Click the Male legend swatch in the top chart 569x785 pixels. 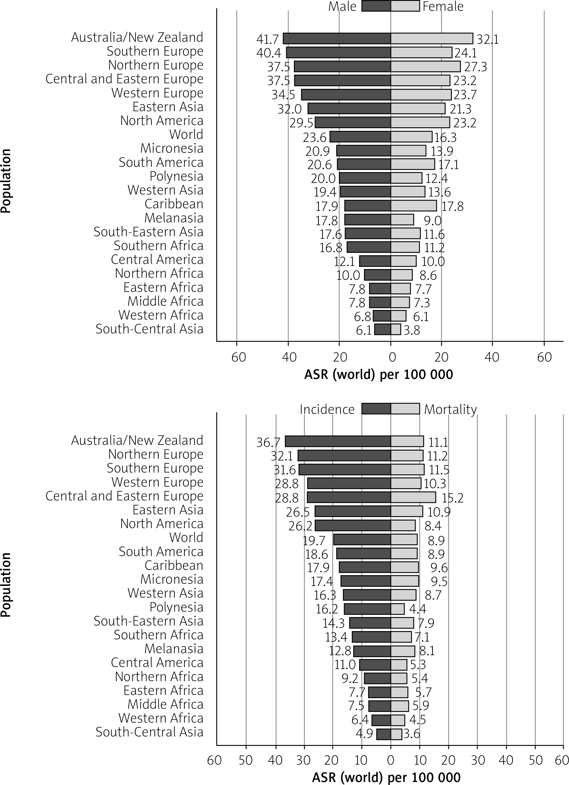pyautogui.click(x=376, y=6)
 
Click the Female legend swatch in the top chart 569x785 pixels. pyautogui.click(x=405, y=6)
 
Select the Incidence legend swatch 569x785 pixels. pyautogui.click(x=376, y=409)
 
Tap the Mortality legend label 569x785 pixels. pyautogui.click(x=450, y=409)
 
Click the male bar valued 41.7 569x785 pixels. pyautogui.click(x=337, y=38)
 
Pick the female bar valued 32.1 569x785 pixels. pyautogui.click(x=432, y=38)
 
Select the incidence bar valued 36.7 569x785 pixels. pyautogui.click(x=338, y=441)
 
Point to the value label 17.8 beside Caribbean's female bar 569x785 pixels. pyautogui.click(x=452, y=207)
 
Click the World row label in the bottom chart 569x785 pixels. pyautogui.click(x=186, y=537)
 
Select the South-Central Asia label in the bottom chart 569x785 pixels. pyautogui.click(x=149, y=732)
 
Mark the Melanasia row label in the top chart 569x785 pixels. pyautogui.click(x=174, y=218)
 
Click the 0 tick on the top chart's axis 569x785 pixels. pyautogui.click(x=392, y=357)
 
